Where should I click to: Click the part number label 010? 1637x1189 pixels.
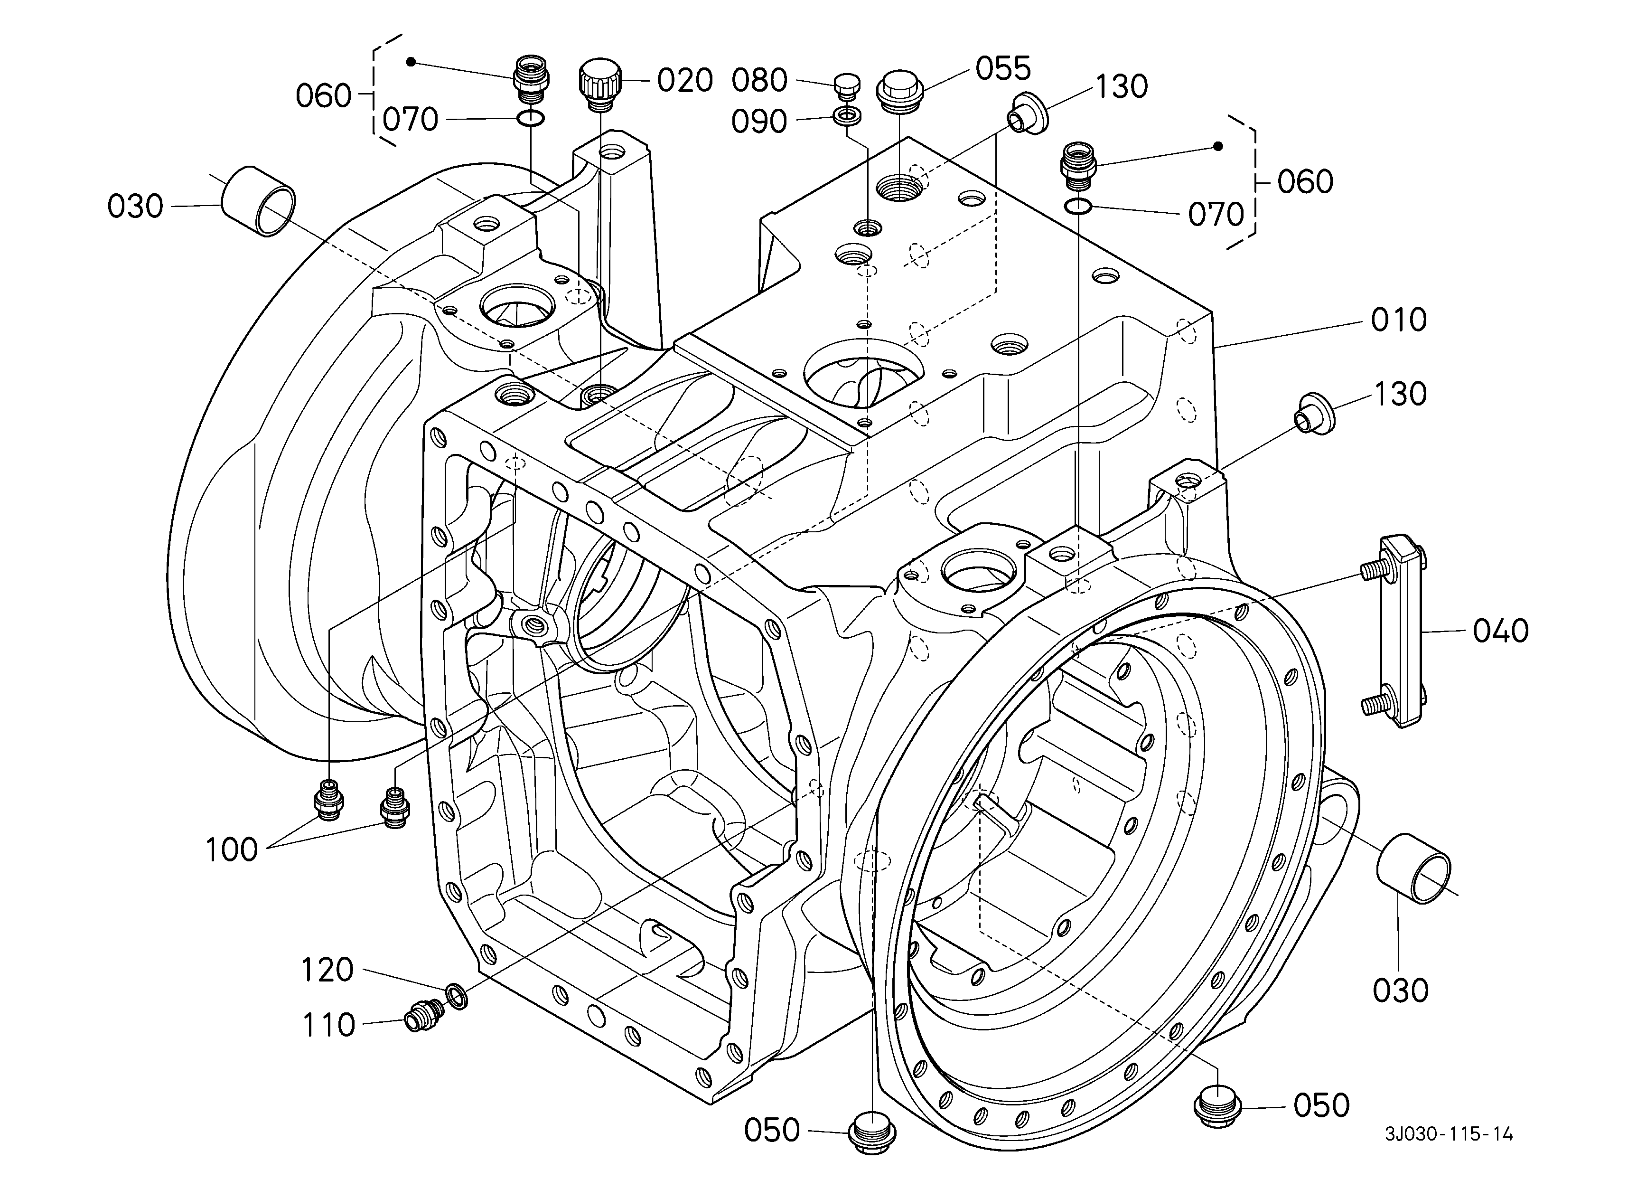coord(1399,320)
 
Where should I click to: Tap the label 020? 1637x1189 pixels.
coord(685,80)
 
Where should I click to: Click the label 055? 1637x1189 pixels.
coord(1003,68)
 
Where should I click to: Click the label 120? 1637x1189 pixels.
coord(327,970)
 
